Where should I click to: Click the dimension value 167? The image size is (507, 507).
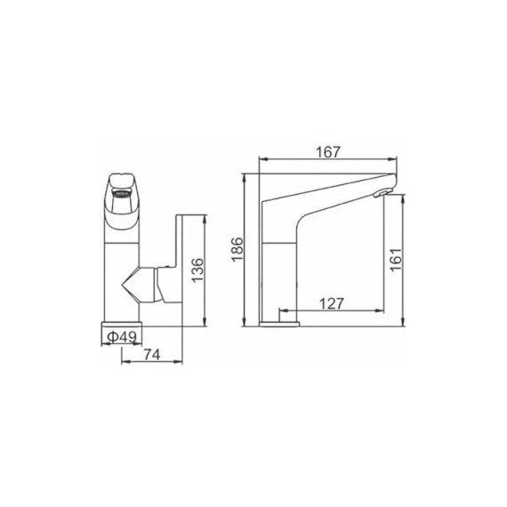(328, 152)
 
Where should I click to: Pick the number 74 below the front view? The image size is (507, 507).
(151, 355)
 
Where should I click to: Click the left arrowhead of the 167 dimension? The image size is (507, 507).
(261, 161)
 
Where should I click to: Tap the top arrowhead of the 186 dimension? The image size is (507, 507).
(244, 176)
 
